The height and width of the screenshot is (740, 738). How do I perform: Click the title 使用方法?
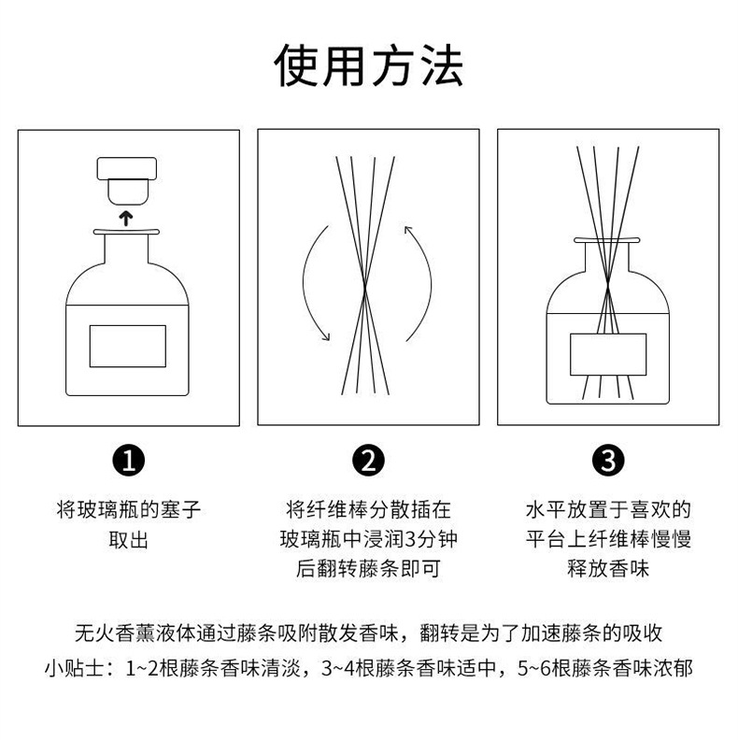pyautogui.click(x=368, y=65)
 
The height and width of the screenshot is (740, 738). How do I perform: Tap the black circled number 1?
pyautogui.click(x=128, y=461)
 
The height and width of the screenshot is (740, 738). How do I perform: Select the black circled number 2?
pyautogui.click(x=368, y=461)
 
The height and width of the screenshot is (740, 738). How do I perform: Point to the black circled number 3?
pyautogui.click(x=608, y=461)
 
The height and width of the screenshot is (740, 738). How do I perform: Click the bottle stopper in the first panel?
pyautogui.click(x=126, y=180)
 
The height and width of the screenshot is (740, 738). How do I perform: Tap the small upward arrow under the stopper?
pyautogui.click(x=126, y=219)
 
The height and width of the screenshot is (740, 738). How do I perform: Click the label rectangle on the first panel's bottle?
pyautogui.click(x=128, y=346)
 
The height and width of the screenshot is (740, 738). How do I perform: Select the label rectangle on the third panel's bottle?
pyautogui.click(x=608, y=354)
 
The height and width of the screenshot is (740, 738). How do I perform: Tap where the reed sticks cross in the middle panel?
pyautogui.click(x=365, y=285)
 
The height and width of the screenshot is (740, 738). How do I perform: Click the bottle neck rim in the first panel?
pyautogui.click(x=126, y=232)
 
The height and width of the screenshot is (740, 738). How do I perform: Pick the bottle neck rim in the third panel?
pyautogui.click(x=607, y=240)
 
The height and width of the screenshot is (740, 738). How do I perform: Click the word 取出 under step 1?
pyautogui.click(x=128, y=540)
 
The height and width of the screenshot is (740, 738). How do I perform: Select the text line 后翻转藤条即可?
pyautogui.click(x=368, y=569)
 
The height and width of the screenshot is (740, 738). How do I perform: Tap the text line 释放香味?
pyautogui.click(x=608, y=569)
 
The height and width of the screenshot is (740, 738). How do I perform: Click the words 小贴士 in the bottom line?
pyautogui.click(x=74, y=668)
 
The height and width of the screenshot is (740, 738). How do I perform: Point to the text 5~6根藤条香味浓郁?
pyautogui.click(x=605, y=668)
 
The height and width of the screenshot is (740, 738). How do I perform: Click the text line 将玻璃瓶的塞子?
pyautogui.click(x=128, y=510)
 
